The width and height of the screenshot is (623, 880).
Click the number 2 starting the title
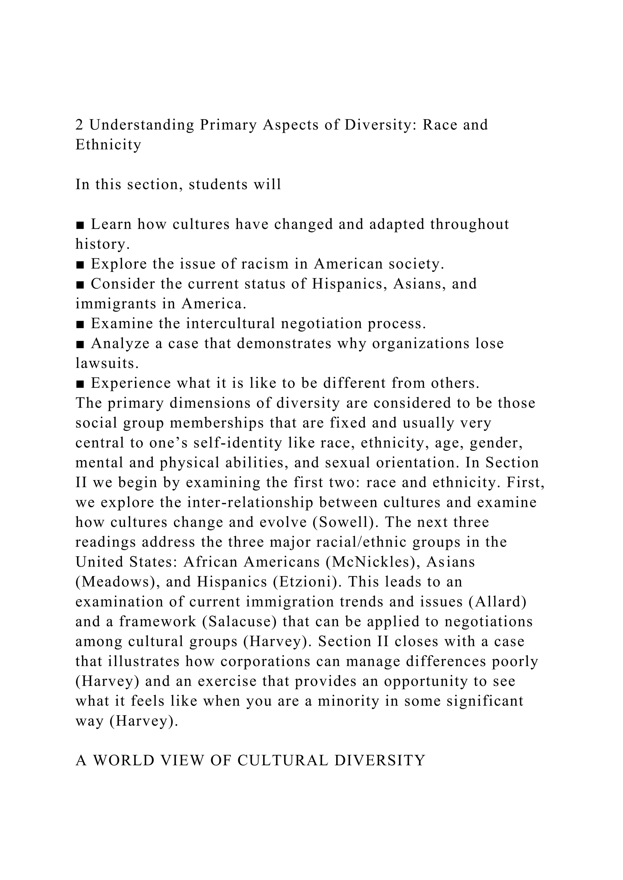point(79,125)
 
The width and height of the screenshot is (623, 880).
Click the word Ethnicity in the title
point(109,145)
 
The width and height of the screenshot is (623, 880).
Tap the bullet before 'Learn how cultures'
point(80,225)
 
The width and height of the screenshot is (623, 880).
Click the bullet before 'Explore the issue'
point(80,264)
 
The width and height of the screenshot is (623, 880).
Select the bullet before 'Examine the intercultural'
point(80,324)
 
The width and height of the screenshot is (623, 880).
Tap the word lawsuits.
point(107,363)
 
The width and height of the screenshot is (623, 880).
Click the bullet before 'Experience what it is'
point(80,383)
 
